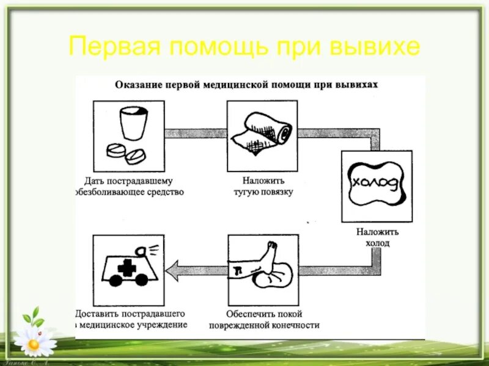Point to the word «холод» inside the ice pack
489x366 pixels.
pyautogui.click(x=376, y=182)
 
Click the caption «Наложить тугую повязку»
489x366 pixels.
pyautogui.click(x=262, y=187)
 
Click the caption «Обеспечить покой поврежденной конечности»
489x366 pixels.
pyautogui.click(x=263, y=320)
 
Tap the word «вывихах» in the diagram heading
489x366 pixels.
pyautogui.click(x=357, y=85)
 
